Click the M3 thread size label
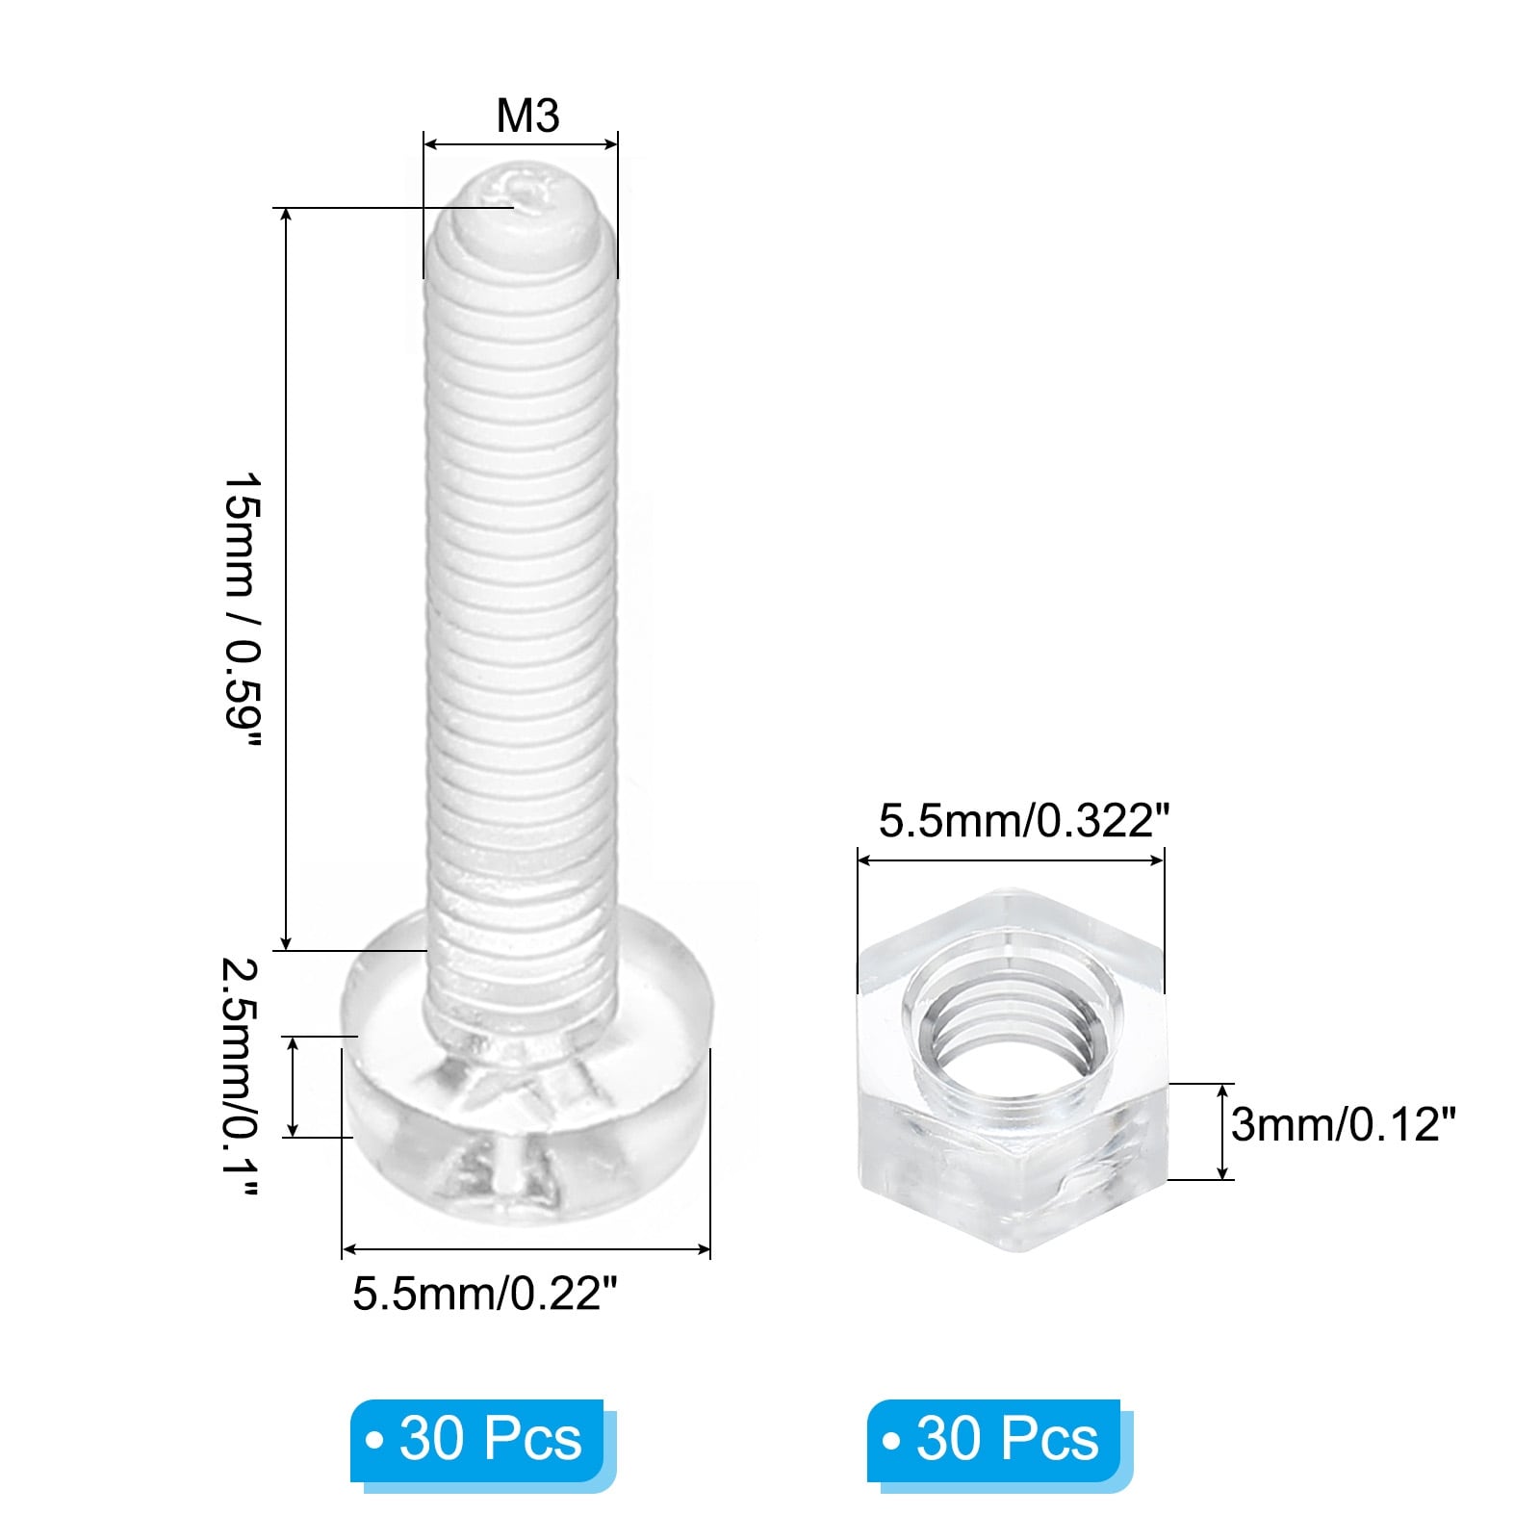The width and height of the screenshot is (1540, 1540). coord(527,116)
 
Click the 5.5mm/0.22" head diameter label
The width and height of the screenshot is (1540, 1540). coord(483,1293)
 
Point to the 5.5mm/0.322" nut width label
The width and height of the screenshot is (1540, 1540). coord(1023,821)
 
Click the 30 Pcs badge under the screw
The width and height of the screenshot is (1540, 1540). coord(477,1439)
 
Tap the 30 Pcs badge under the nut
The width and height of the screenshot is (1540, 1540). coord(995,1439)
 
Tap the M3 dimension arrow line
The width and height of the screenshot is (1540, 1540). coord(521,145)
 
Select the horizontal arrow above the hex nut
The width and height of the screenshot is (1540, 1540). coord(1010,860)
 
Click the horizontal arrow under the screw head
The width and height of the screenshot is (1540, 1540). coord(526,1249)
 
